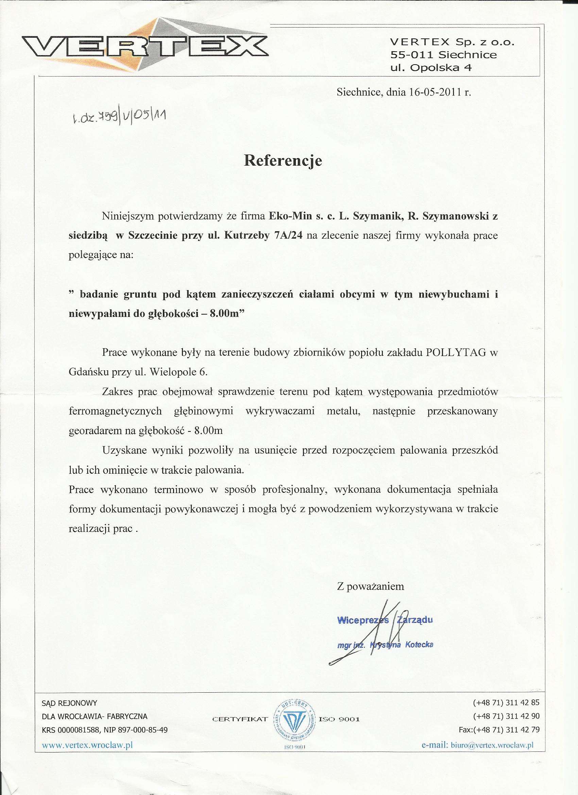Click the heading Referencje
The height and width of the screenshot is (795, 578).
pyautogui.click(x=283, y=160)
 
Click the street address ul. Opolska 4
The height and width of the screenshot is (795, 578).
pyautogui.click(x=431, y=68)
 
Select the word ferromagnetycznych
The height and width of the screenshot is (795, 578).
pyautogui.click(x=115, y=411)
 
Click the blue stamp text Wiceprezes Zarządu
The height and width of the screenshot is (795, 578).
pyautogui.click(x=385, y=621)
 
